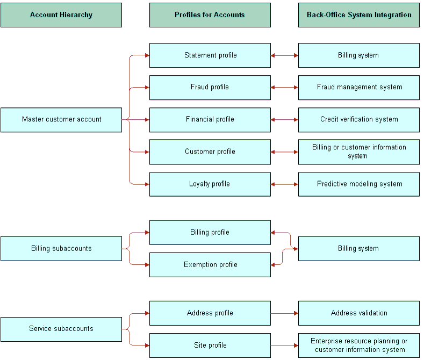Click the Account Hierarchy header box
[x=61, y=15]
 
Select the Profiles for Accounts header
[x=210, y=15]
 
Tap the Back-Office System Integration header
[x=359, y=15]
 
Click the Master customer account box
[x=61, y=120]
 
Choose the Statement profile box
[x=210, y=55]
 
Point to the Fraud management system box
[x=359, y=87]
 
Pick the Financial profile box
[x=210, y=120]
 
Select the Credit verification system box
[x=359, y=120]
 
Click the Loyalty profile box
[x=210, y=184]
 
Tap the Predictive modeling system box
[x=359, y=184]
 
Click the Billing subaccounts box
[x=61, y=249]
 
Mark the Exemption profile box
[x=210, y=264]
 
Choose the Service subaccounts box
[x=61, y=329]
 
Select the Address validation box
[x=359, y=313]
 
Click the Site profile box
[x=210, y=345]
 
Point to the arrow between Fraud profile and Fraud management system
[x=284, y=87]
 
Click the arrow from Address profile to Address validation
[x=284, y=313]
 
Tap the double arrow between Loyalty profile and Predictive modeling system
[x=284, y=184]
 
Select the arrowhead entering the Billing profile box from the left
[x=147, y=233]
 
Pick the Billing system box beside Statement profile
[x=359, y=55]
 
